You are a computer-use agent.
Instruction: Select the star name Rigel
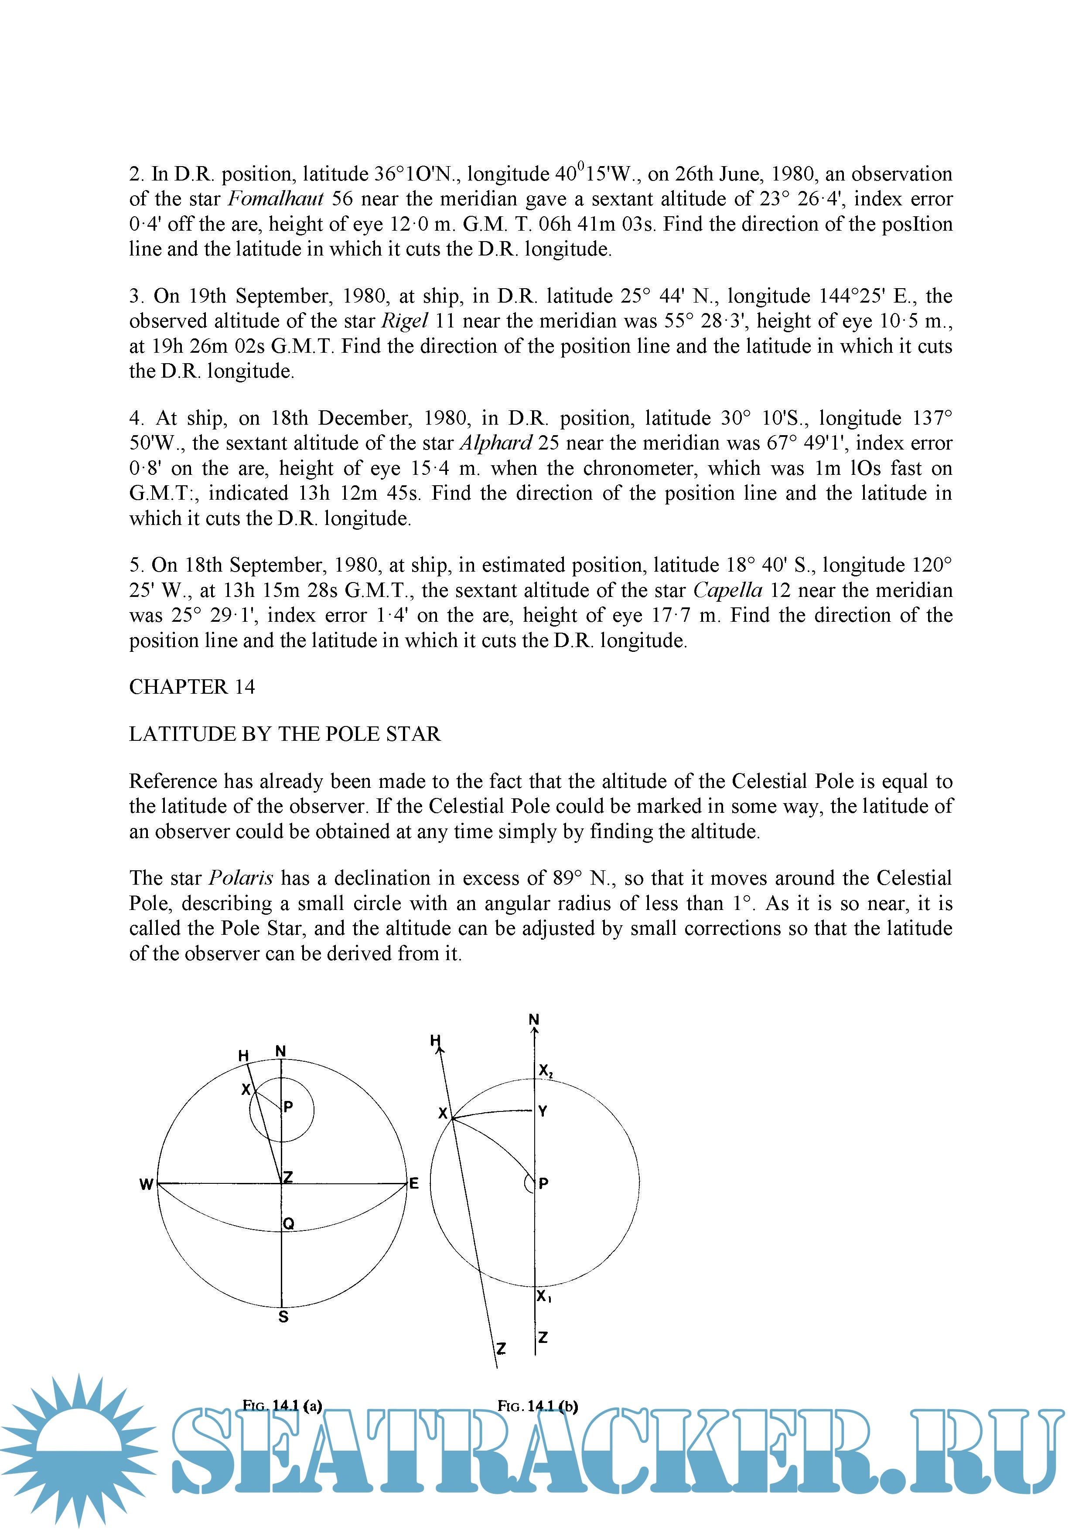click(x=404, y=321)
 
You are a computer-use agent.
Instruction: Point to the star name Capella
click(x=727, y=590)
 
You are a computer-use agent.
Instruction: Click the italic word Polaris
click(x=241, y=878)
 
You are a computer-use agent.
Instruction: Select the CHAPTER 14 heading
click(x=192, y=687)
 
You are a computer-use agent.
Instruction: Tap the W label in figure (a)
click(x=146, y=1184)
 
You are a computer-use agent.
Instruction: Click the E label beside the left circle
click(x=414, y=1183)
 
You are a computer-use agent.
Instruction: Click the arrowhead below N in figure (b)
click(x=534, y=1030)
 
